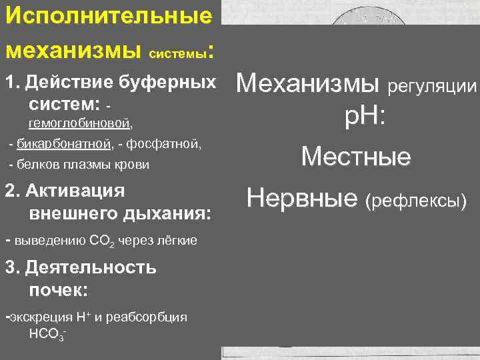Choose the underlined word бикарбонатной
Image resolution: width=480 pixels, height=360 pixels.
[61, 143]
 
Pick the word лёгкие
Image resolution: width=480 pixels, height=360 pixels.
[177, 240]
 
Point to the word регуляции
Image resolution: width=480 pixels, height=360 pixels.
[433, 87]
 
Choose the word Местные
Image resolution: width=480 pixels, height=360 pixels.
[356, 157]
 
